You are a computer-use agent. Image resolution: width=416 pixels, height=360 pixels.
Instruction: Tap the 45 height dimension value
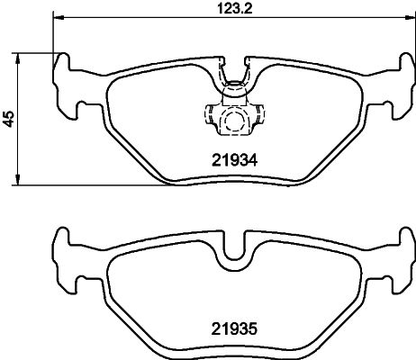tap(10, 119)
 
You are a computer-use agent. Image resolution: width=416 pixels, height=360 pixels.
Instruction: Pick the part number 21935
tap(235, 330)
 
